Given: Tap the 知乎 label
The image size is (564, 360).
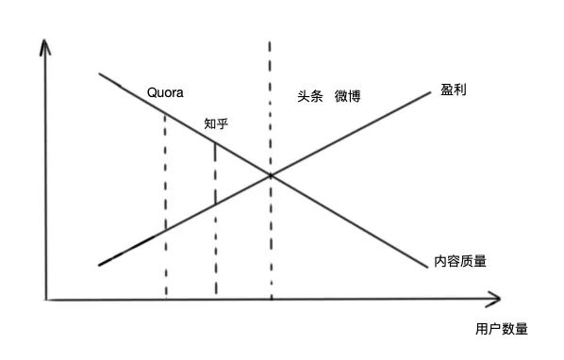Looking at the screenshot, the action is [218, 124].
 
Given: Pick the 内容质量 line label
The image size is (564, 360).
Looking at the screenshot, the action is [461, 259].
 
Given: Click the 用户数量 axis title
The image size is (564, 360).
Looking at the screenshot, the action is [502, 330].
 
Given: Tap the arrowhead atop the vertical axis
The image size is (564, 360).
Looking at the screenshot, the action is [46, 44].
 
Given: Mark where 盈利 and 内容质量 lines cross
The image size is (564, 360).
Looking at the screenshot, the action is [271, 175].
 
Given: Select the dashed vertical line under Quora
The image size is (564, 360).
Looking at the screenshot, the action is [165, 254].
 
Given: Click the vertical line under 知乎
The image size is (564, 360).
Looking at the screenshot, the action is [215, 245].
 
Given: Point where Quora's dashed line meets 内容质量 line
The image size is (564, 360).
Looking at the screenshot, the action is [165, 113].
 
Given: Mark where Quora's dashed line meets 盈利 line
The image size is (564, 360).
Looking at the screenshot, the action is [165, 230].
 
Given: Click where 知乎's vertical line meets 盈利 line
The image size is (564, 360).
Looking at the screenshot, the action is [215, 204].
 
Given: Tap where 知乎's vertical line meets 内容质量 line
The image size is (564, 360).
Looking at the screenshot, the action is [215, 142].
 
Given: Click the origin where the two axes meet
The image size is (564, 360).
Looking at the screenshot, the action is [46, 300].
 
